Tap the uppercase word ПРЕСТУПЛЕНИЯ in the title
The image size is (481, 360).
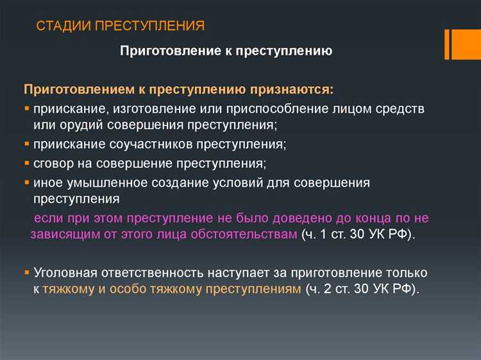coord(149,26)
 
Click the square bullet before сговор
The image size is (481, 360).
coord(27,163)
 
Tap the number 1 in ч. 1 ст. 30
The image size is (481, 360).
coord(324,234)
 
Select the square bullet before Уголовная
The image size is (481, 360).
coord(27,273)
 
